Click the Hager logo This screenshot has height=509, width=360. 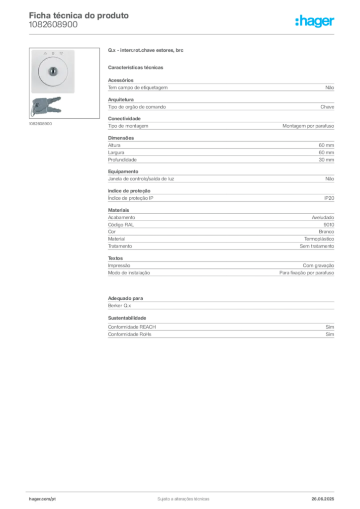(x=315, y=21)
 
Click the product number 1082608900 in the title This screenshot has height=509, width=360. (x=53, y=25)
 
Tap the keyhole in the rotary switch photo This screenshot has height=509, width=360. (x=53, y=71)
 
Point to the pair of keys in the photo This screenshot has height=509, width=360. (x=46, y=106)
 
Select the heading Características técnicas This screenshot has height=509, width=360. (x=136, y=68)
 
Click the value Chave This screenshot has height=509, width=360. (x=327, y=107)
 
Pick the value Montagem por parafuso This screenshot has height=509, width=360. (x=308, y=126)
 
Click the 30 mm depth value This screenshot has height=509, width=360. (x=326, y=160)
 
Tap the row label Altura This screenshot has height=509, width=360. (x=114, y=145)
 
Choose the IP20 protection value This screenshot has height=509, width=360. (x=329, y=198)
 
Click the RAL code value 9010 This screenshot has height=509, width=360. (x=329, y=225)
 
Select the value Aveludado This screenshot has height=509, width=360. (x=323, y=218)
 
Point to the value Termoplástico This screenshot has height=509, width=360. (x=319, y=239)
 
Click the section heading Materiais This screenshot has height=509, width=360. (x=118, y=210)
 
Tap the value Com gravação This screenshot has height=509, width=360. (x=318, y=265)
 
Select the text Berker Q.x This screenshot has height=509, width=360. (x=119, y=306)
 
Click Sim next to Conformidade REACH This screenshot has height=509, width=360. (x=330, y=327)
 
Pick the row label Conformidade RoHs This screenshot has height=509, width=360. (x=130, y=334)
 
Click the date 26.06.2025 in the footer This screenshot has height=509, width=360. (x=323, y=499)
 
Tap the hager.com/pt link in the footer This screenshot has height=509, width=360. (x=42, y=499)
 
